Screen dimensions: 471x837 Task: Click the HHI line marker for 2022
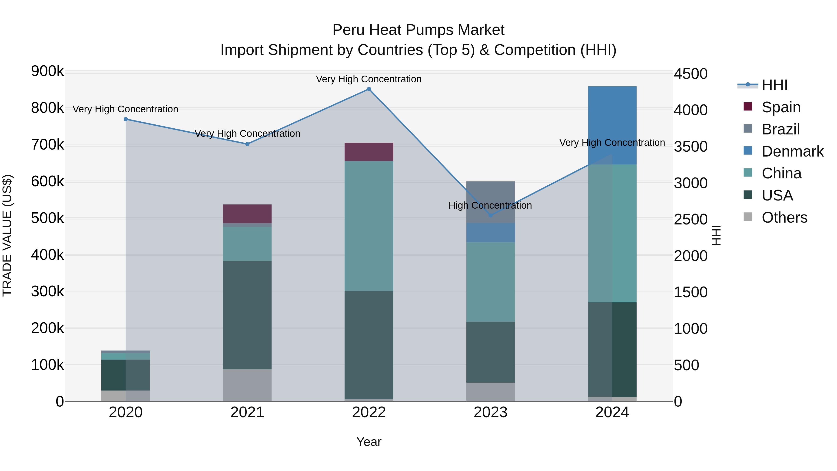[x=369, y=89]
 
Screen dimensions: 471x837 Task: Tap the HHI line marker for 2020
[x=126, y=119]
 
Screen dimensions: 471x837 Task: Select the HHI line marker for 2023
[x=491, y=215]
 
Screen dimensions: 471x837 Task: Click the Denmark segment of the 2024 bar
[x=612, y=125]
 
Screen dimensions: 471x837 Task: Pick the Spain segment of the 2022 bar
[x=369, y=152]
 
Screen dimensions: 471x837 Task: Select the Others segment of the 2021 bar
[x=247, y=385]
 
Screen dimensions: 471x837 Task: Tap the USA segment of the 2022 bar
[x=369, y=344]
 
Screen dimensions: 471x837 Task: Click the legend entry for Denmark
[x=792, y=151]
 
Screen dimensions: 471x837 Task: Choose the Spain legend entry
[x=781, y=107]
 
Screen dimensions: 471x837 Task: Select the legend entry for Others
[x=784, y=217]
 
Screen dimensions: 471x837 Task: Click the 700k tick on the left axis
[x=47, y=145]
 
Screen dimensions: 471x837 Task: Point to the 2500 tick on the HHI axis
[x=691, y=219]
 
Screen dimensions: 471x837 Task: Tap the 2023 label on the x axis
[x=491, y=412]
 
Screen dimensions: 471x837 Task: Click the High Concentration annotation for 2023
[x=490, y=205]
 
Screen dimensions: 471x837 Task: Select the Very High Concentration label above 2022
[x=369, y=79]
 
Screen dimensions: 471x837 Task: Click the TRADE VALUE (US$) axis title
[x=7, y=235]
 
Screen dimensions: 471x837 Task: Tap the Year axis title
[x=369, y=442]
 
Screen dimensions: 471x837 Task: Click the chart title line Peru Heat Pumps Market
[x=418, y=30]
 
